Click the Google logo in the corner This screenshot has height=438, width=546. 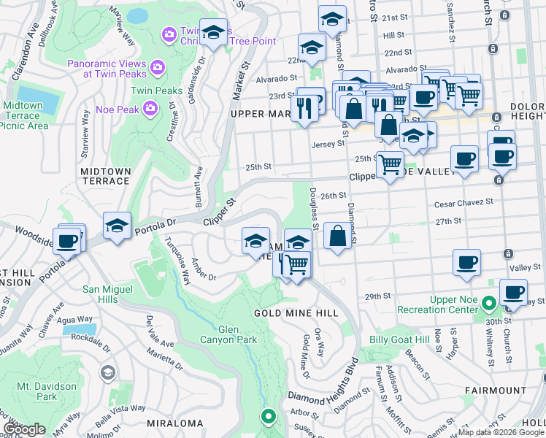[x=24, y=429]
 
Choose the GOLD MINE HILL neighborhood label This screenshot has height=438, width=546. [x=296, y=312]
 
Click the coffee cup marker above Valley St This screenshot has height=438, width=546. [x=466, y=263]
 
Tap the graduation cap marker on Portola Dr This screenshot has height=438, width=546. [x=117, y=226]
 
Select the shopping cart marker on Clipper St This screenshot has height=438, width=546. [x=391, y=164]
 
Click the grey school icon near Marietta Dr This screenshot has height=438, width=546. [x=108, y=373]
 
